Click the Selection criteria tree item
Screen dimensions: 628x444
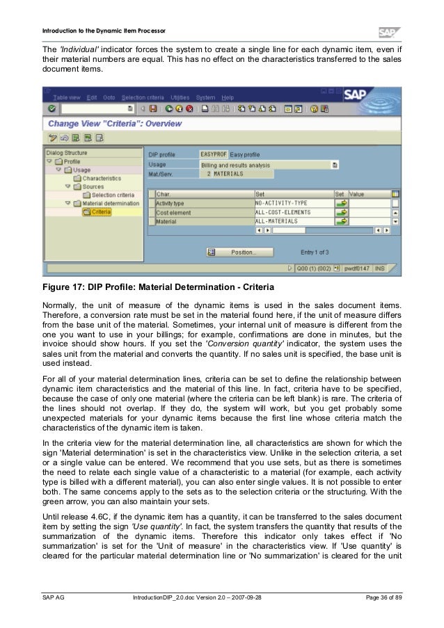pos(113,195)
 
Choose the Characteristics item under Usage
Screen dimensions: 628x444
pos(101,178)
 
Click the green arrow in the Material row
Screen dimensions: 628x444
pos(341,221)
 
